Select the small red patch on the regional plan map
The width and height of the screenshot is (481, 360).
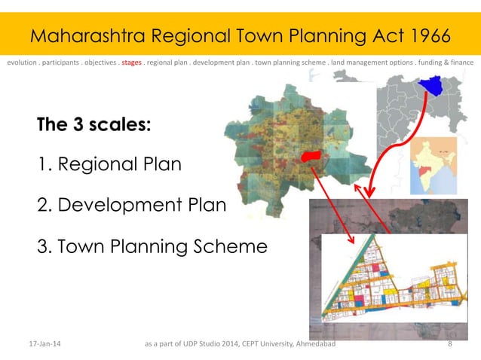coord(311,156)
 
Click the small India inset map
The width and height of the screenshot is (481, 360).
coord(434,165)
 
